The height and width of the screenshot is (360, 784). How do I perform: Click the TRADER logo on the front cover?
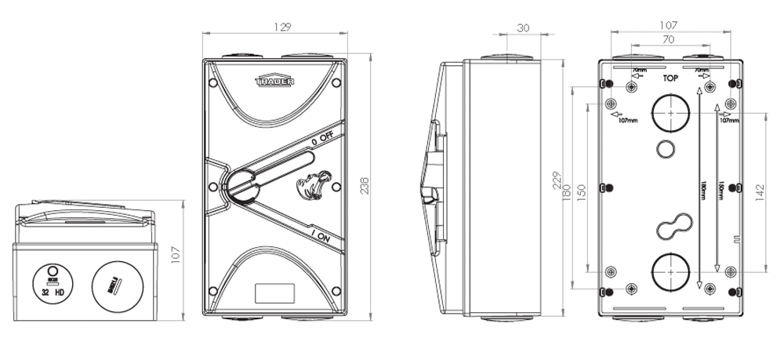[274, 81]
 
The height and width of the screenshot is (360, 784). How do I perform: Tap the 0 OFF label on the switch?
[322, 138]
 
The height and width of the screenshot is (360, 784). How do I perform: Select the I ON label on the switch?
[325, 233]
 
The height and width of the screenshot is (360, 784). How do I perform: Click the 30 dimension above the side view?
[524, 27]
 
